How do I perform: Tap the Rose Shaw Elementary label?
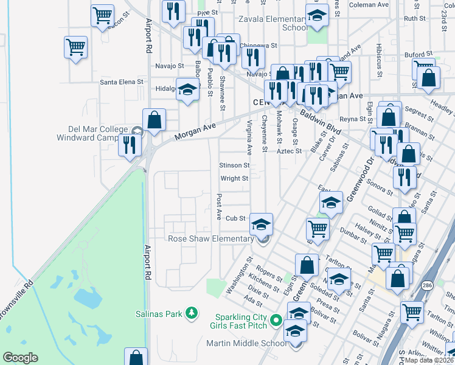click(210, 239)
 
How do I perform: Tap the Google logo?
click(20, 358)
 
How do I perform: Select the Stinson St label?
click(234, 165)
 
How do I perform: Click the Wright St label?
click(234, 179)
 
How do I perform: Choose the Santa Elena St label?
click(122, 82)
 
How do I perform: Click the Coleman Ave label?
click(369, 5)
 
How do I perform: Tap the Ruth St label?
click(414, 19)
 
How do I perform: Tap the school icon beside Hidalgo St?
click(188, 90)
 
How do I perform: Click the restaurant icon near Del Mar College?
click(130, 145)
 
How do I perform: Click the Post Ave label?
click(218, 207)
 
